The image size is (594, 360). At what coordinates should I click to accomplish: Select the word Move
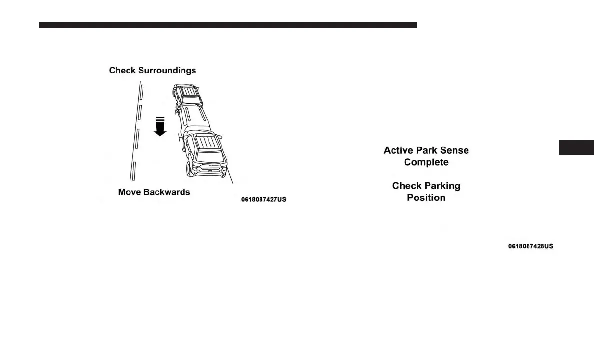(x=129, y=192)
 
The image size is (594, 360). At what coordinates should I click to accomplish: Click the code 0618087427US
(x=264, y=200)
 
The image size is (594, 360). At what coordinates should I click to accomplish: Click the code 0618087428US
(x=531, y=247)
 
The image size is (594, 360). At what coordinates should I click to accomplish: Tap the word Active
(x=398, y=150)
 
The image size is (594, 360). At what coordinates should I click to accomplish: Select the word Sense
(x=453, y=150)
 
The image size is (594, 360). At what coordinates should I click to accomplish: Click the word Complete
(x=426, y=162)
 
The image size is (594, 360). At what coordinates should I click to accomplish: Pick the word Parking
(x=441, y=186)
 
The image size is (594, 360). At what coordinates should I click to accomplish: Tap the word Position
(x=426, y=198)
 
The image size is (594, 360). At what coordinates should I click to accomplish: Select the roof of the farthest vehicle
(x=188, y=91)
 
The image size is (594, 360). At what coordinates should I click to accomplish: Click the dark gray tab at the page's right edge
(x=575, y=148)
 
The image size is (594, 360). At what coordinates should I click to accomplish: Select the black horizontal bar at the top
(x=227, y=25)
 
